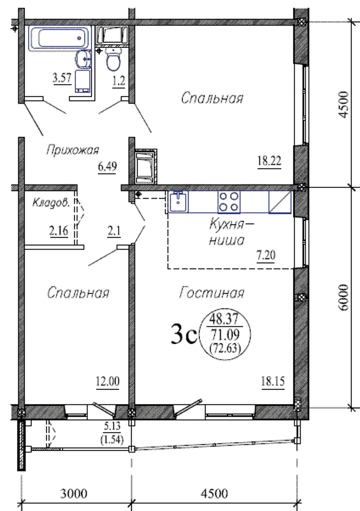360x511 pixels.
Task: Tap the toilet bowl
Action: point(113,60)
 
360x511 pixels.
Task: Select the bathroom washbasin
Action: point(84,59)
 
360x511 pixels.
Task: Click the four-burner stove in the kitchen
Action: point(229,202)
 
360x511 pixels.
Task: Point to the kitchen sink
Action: point(178,202)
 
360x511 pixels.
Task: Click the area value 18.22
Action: point(269,161)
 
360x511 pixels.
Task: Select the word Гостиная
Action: point(211,293)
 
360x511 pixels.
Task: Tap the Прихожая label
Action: point(72,150)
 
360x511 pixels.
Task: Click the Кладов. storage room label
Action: point(51,203)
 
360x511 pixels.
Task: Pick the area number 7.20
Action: point(266,255)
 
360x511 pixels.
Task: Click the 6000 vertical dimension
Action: point(343,297)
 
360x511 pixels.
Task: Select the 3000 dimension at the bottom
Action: point(74,493)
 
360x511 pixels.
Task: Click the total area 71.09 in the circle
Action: point(225,334)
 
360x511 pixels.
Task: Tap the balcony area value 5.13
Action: point(112,426)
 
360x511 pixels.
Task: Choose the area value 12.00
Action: point(108,381)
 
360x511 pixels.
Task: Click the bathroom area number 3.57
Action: point(62,78)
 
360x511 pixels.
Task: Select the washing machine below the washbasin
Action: point(83,81)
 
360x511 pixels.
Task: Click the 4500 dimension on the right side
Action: point(343,104)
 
